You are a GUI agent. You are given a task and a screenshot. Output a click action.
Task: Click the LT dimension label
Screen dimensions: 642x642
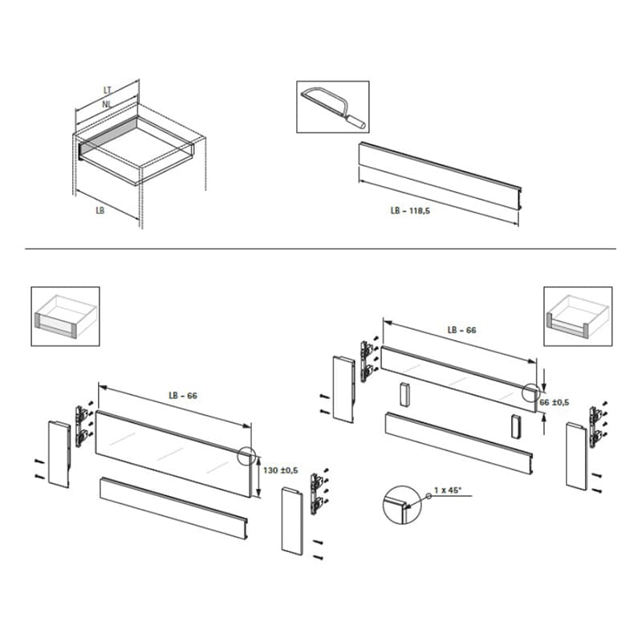coord(108,90)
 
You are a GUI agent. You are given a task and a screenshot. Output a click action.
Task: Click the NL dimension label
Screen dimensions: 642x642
coord(107,104)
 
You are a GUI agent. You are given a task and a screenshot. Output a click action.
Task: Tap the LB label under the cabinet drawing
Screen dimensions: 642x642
coord(100,210)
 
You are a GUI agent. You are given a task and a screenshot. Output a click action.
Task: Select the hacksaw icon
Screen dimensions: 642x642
coord(333,107)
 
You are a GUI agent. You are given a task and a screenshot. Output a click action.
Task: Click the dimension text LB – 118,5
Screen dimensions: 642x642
coord(410,211)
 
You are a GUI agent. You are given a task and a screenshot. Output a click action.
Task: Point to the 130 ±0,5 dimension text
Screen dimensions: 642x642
coord(280,470)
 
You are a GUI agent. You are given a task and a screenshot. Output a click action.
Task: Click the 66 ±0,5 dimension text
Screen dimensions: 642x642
coord(555,403)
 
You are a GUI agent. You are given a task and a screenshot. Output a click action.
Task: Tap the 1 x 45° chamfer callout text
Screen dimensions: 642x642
coord(448,490)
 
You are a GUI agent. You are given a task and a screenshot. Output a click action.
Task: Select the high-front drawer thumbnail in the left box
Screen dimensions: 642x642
coord(66,316)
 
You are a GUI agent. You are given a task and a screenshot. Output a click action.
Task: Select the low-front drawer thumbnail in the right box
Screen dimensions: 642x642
coord(578,316)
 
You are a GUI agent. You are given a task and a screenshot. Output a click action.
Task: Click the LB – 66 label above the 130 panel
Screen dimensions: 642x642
coord(183,396)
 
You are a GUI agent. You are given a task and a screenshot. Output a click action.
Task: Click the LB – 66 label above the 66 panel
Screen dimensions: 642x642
coord(462,331)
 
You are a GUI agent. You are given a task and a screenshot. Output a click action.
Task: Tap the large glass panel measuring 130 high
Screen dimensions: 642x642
coord(173,454)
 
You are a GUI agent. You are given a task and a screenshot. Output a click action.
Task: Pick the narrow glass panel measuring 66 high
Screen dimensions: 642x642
coord(459,379)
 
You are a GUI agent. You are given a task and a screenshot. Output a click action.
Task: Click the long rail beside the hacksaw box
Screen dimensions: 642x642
coord(440,176)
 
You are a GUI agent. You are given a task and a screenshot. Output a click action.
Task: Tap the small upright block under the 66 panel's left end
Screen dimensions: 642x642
coord(404,394)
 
